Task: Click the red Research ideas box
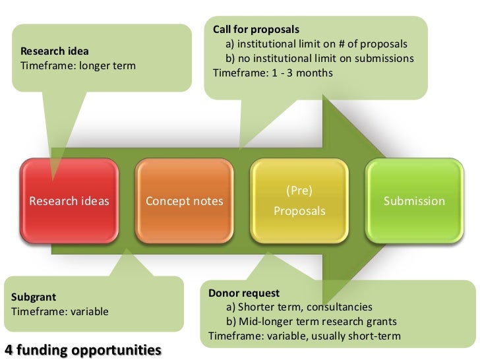point(69,201)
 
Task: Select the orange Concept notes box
point(184,201)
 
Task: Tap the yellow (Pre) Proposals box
point(299,201)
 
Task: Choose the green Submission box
point(414,201)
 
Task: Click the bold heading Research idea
point(55,51)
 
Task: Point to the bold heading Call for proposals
point(256,30)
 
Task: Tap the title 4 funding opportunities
point(82,348)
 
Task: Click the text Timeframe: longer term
point(78,65)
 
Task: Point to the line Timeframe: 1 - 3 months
point(273,73)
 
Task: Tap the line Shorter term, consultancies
point(299,307)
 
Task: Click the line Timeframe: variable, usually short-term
point(305,336)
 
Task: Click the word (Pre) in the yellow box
point(299,191)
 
